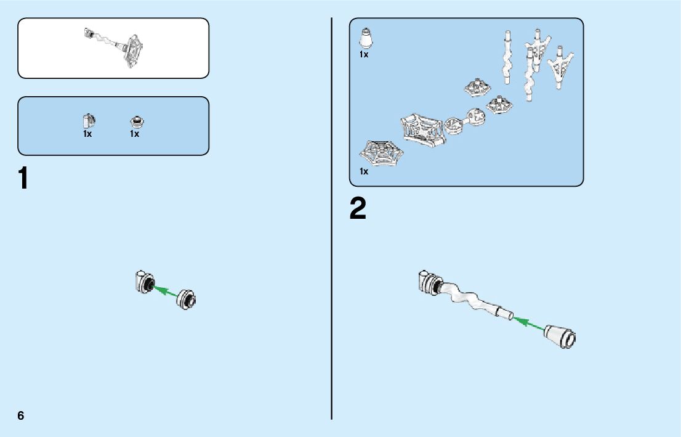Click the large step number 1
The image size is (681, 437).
23,179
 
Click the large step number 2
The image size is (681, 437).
358,210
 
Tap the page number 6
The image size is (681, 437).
21,415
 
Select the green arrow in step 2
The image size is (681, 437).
529,324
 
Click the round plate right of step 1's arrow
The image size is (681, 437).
188,300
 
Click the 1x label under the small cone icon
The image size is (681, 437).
364,55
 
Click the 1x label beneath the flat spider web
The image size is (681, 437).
364,171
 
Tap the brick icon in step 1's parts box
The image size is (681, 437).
88,120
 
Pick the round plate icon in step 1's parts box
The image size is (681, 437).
135,121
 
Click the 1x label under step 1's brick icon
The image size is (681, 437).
88,134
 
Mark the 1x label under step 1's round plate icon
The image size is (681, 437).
135,134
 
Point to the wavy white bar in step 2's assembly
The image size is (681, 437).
469,297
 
